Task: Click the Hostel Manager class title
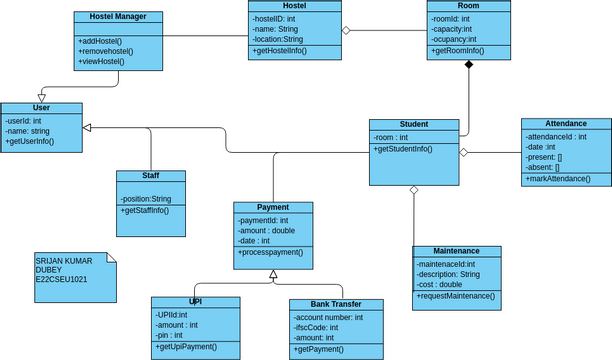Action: pyautogui.click(x=117, y=17)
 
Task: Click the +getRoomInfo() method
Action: pyautogui.click(x=458, y=50)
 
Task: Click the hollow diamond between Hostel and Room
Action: pyautogui.click(x=346, y=30)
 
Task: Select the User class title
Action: pyautogui.click(x=41, y=108)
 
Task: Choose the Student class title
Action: pyautogui.click(x=414, y=125)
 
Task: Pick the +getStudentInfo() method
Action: pyautogui.click(x=403, y=149)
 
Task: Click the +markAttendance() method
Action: pyautogui.click(x=557, y=179)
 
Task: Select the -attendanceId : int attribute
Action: pyautogui.click(x=556, y=136)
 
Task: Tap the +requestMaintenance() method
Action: pyautogui.click(x=455, y=296)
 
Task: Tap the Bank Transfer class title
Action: pyautogui.click(x=335, y=305)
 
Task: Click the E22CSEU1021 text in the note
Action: pyautogui.click(x=61, y=280)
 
